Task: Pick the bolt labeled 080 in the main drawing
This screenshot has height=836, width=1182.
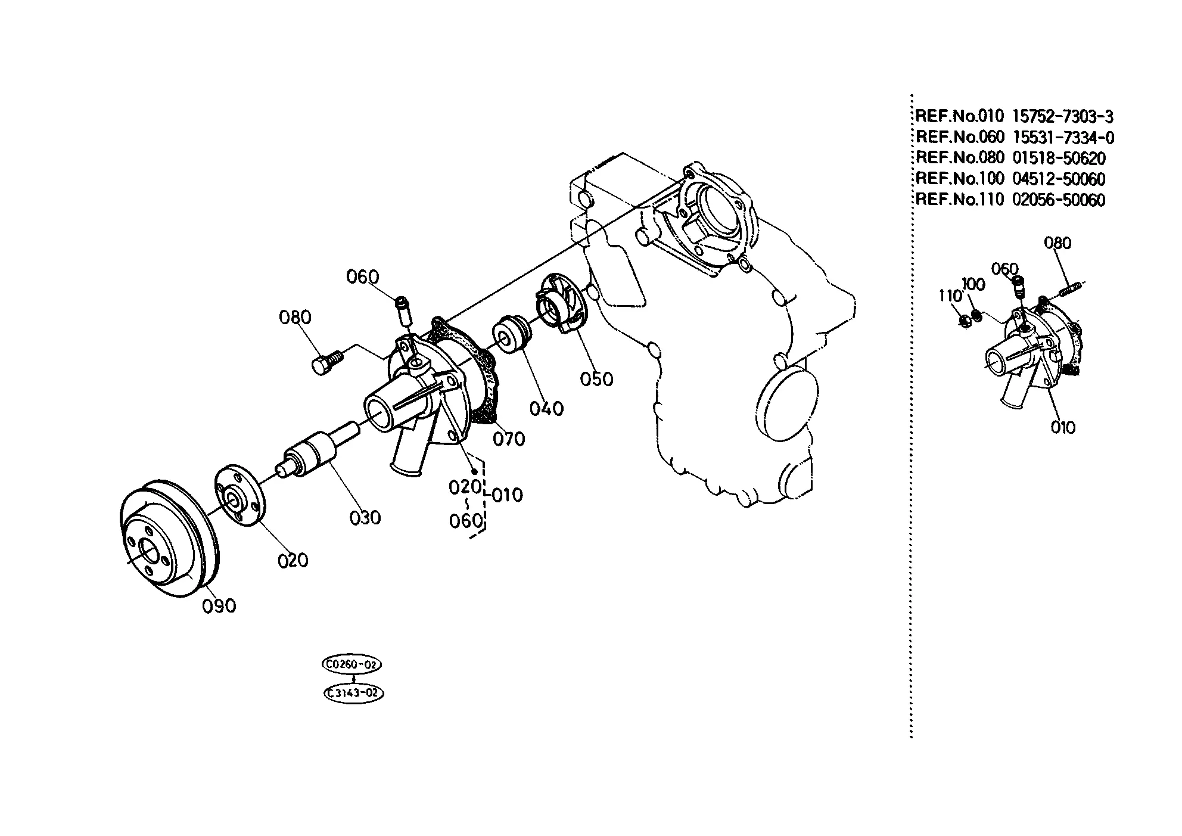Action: pyautogui.click(x=327, y=362)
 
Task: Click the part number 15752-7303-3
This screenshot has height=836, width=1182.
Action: pyautogui.click(x=1063, y=116)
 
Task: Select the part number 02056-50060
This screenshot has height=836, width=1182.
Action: pyautogui.click(x=1059, y=200)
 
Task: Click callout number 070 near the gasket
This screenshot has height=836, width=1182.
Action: pyautogui.click(x=509, y=439)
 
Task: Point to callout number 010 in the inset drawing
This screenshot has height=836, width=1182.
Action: pyautogui.click(x=1063, y=427)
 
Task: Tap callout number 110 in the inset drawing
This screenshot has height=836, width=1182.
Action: pyautogui.click(x=951, y=296)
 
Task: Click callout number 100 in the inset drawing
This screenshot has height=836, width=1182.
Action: pyautogui.click(x=973, y=284)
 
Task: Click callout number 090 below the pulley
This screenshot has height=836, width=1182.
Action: pyautogui.click(x=219, y=607)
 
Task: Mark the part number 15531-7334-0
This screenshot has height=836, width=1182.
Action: pyautogui.click(x=1063, y=138)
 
